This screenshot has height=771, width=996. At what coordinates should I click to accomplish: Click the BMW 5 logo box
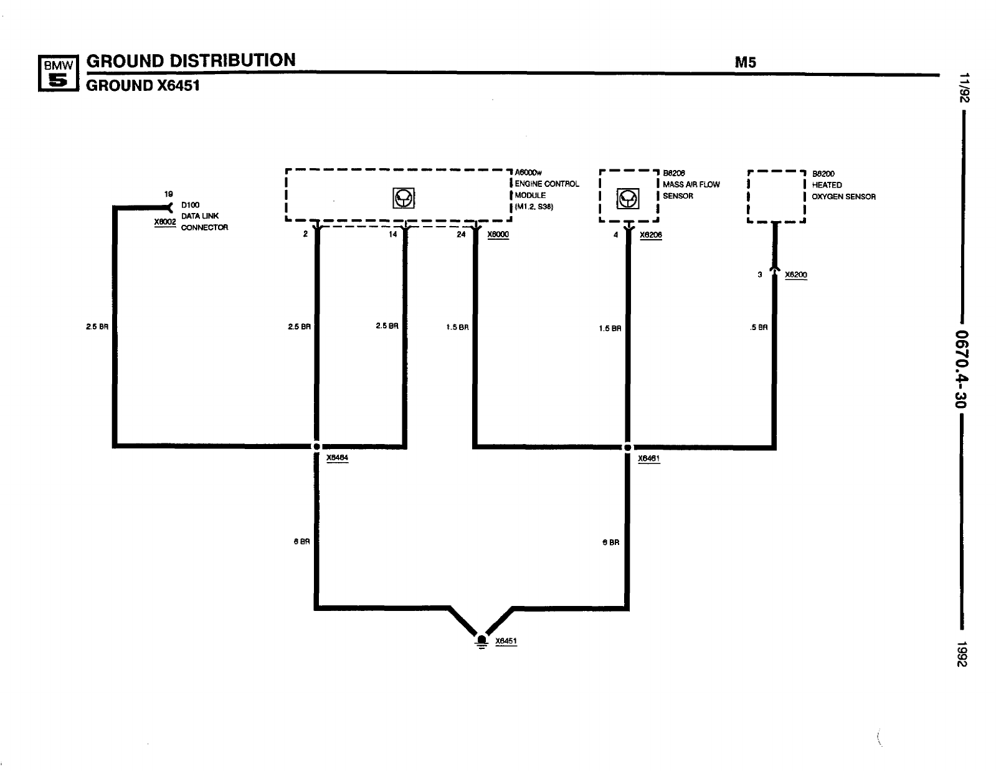[57, 73]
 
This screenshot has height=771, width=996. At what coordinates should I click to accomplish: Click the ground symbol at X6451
[481, 641]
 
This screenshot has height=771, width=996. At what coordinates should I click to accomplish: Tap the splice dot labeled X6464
[316, 447]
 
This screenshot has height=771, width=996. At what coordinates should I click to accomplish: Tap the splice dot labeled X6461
[628, 447]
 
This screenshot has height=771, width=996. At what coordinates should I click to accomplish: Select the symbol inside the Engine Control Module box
[404, 199]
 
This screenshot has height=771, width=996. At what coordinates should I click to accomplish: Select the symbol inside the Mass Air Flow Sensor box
[628, 199]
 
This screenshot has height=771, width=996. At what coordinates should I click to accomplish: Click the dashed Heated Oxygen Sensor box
[776, 196]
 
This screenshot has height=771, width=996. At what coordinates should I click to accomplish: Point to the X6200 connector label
[795, 275]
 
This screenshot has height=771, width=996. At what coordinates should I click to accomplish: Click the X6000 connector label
[498, 235]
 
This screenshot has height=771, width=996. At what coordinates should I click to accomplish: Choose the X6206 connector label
[650, 235]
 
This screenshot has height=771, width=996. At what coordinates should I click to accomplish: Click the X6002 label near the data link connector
[165, 222]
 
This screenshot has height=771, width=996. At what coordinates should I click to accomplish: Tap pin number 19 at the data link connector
[168, 194]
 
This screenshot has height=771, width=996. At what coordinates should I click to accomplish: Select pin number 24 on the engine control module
[461, 235]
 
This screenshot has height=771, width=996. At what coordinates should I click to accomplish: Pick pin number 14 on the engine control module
[392, 235]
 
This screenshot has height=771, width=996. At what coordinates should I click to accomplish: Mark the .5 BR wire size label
[759, 327]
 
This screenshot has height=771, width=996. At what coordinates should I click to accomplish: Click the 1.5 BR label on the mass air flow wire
[610, 328]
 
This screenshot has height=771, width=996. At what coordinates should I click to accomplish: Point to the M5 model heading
[745, 62]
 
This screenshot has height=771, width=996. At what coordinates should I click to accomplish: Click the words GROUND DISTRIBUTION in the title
[191, 60]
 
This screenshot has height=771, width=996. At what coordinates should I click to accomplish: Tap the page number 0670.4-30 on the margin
[962, 368]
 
